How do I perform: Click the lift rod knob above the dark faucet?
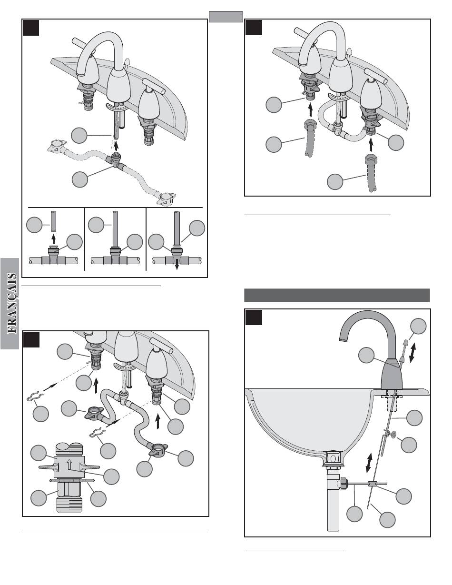(x=405, y=343)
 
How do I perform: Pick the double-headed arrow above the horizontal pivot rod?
(x=368, y=462)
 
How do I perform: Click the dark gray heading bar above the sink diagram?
(x=337, y=295)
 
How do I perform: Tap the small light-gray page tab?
(x=226, y=17)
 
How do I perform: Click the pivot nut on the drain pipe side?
(x=343, y=484)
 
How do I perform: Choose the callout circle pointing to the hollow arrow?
(x=111, y=476)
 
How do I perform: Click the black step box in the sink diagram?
(x=254, y=317)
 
